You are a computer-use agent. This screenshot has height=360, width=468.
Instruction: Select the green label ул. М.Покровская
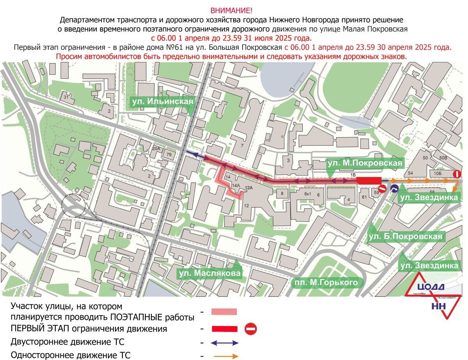[x=365, y=163]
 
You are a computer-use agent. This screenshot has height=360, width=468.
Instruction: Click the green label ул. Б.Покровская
[x=406, y=236]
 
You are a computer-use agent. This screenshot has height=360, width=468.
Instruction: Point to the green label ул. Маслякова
[x=209, y=273]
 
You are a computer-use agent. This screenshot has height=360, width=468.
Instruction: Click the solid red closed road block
[x=369, y=180]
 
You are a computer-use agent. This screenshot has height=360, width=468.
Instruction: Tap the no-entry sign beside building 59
[x=383, y=189]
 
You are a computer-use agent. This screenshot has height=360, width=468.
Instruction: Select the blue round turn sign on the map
[x=394, y=189]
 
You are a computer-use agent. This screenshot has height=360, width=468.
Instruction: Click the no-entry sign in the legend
[x=250, y=329]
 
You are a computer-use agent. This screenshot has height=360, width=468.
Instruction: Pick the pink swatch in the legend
[x=224, y=312]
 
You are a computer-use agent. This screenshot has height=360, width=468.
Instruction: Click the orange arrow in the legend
[x=226, y=356]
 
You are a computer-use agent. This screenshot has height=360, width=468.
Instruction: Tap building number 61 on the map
[x=365, y=197]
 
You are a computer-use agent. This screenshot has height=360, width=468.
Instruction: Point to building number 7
[x=242, y=145]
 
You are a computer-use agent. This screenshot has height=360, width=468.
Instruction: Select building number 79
[x=169, y=155]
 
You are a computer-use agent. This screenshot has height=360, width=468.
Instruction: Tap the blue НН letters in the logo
[x=439, y=307]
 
